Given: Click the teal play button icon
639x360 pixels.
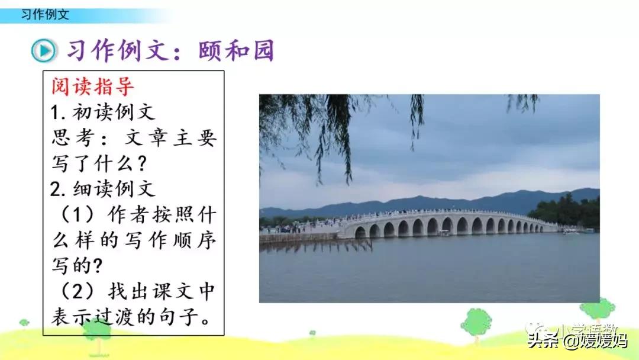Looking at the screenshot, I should tap(43, 51).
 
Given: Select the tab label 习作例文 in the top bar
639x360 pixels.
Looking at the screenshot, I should tap(45, 14).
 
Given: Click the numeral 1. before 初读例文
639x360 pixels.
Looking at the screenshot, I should tap(57, 112).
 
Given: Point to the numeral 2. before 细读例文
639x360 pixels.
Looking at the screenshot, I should tap(59, 189).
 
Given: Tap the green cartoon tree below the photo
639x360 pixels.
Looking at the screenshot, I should tap(476, 323).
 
